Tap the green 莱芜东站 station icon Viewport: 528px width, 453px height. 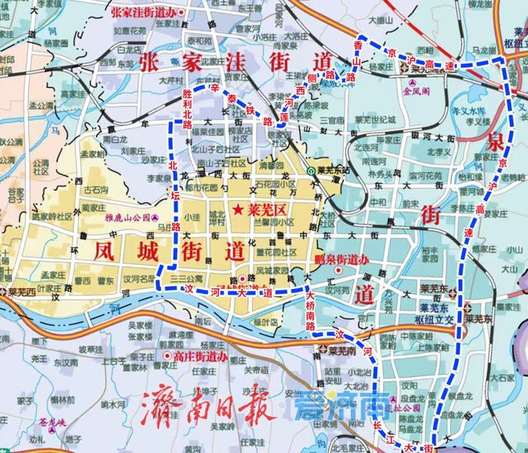(312, 170)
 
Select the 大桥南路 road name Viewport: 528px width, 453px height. (311, 308)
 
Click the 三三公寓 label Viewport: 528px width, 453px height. (185, 278)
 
